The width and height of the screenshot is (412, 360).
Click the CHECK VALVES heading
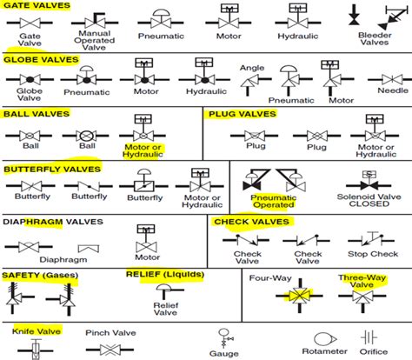[252, 222]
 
